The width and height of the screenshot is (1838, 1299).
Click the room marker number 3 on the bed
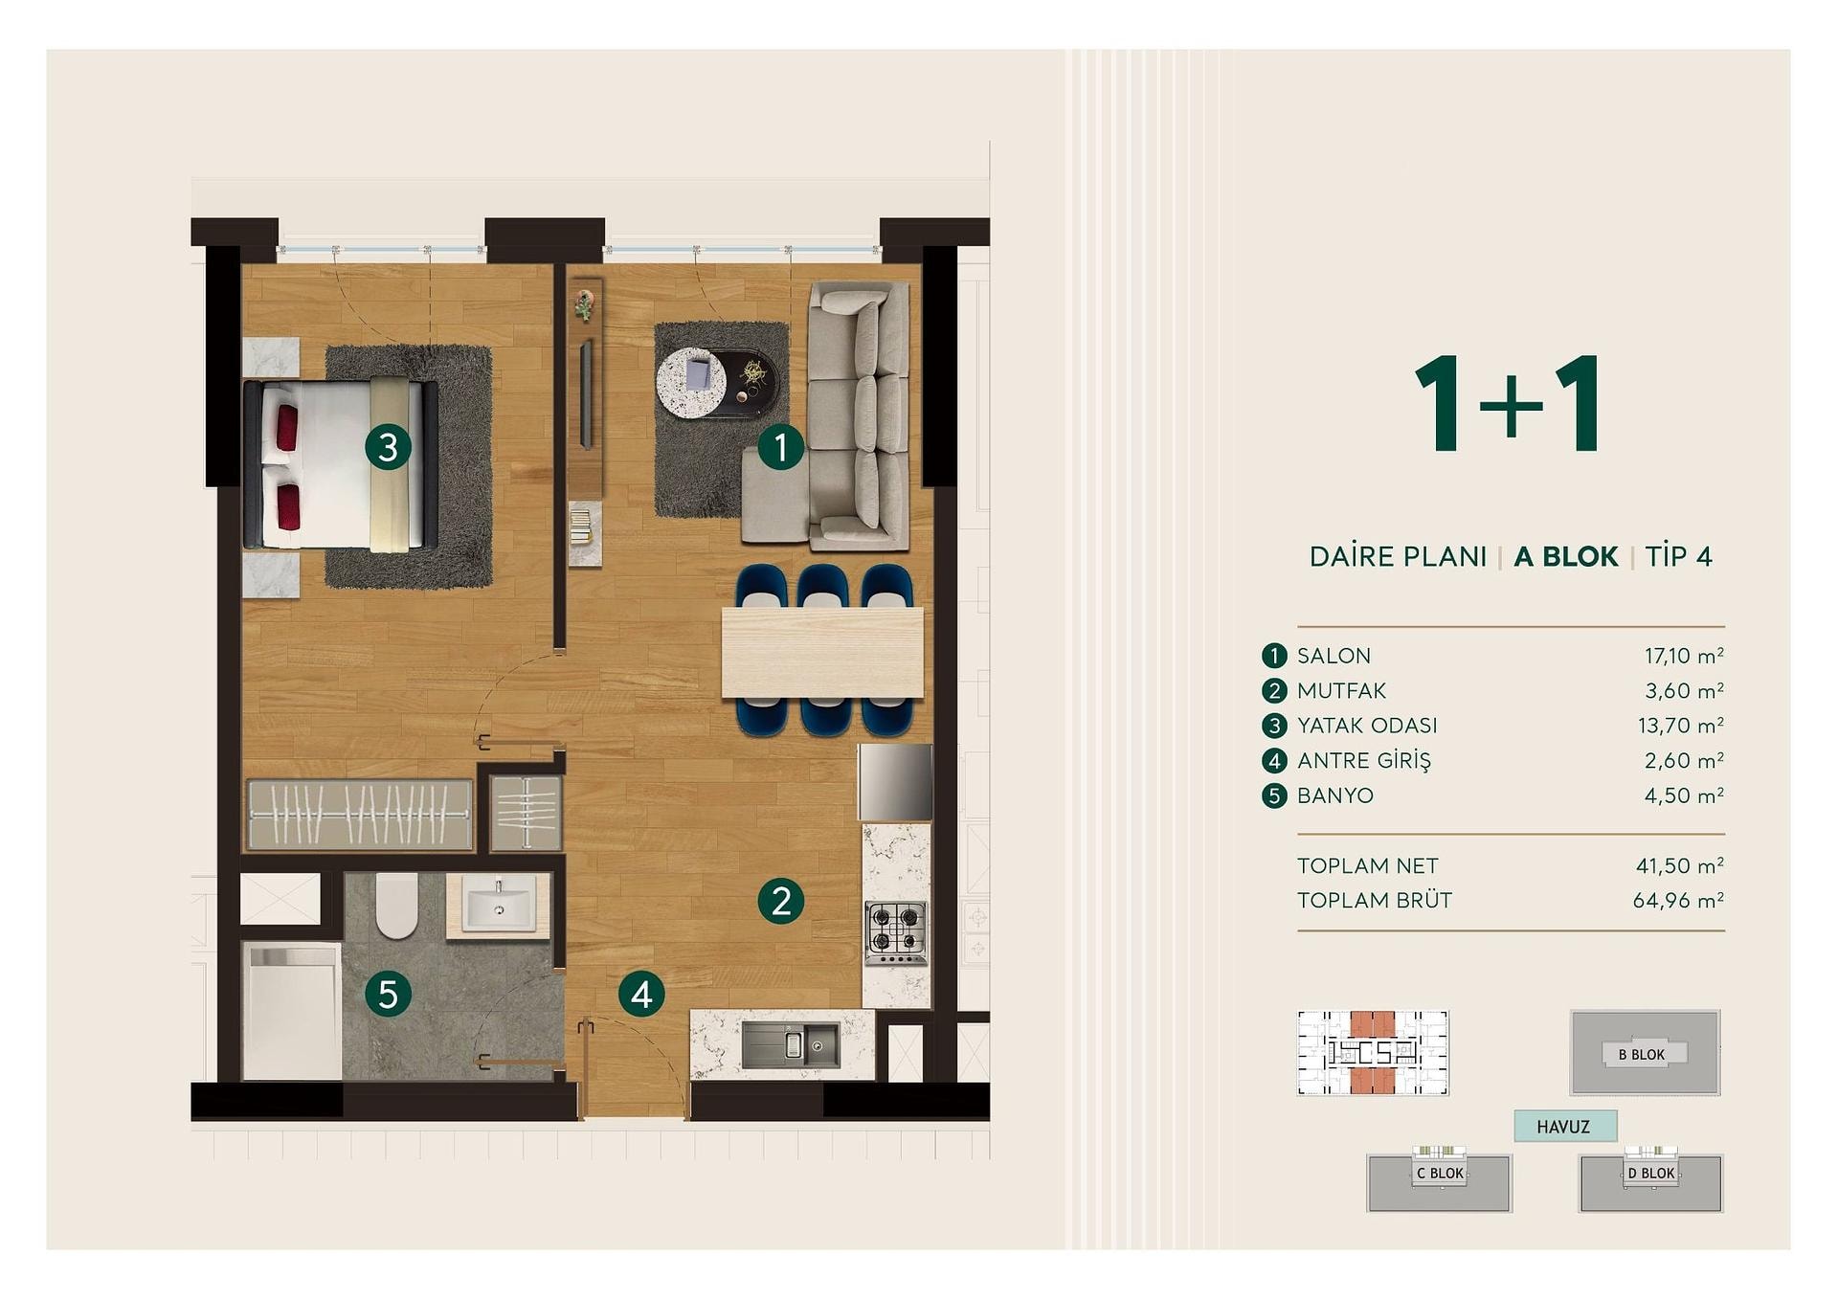click(388, 447)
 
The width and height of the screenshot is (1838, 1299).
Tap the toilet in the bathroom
click(396, 905)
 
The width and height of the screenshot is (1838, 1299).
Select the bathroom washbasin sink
click(499, 904)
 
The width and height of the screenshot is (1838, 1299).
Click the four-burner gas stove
click(896, 932)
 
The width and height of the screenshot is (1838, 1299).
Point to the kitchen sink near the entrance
click(791, 1044)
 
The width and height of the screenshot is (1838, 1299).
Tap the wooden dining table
click(822, 653)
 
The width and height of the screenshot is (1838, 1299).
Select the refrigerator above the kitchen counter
click(895, 782)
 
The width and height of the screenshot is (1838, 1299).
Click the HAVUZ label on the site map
click(1563, 1127)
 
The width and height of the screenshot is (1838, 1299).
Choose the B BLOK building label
click(1642, 1055)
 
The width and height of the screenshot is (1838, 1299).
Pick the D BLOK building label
click(1651, 1174)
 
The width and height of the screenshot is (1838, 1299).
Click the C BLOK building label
click(1441, 1174)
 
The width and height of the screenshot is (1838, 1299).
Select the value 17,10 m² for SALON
click(1684, 656)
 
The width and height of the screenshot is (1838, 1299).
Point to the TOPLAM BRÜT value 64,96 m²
click(1678, 900)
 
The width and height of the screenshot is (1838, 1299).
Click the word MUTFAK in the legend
click(1341, 690)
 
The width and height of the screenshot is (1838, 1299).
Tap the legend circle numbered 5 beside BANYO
click(1274, 795)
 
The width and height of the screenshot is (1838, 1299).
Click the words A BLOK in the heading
click(1566, 556)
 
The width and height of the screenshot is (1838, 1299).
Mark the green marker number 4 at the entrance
click(641, 995)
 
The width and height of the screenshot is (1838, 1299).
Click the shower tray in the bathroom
click(292, 1011)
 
